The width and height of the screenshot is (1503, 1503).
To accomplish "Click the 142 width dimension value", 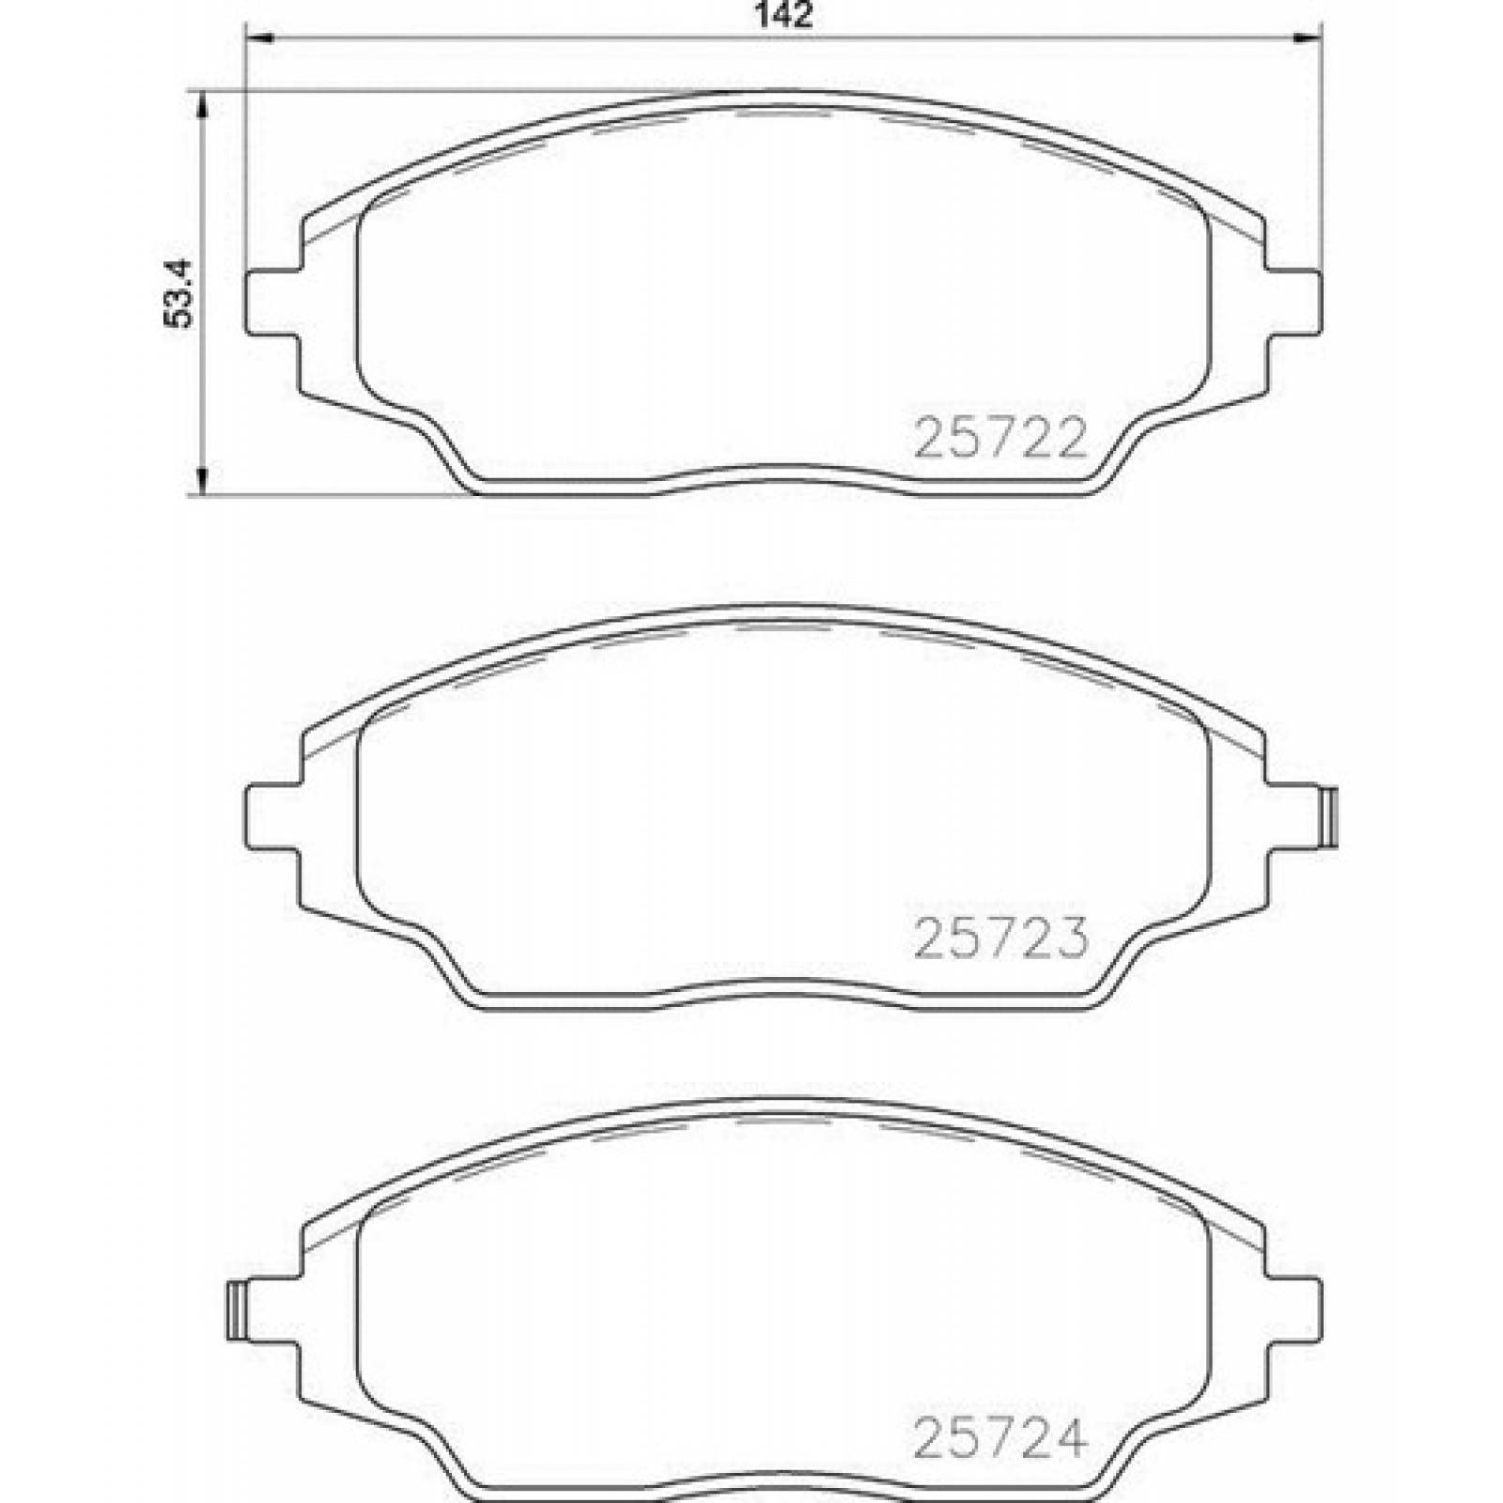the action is click(x=782, y=15).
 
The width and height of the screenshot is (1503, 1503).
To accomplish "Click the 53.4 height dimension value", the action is click(x=178, y=292).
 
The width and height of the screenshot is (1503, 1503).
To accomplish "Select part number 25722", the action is click(x=1000, y=438).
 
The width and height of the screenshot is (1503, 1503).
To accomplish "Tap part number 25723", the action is click(x=1000, y=937).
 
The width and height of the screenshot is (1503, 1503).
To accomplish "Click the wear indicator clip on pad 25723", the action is click(x=1327, y=818).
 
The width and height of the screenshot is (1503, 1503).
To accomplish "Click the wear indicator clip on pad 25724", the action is click(x=239, y=1310).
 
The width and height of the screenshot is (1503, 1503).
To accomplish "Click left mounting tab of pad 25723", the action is click(x=274, y=818).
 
